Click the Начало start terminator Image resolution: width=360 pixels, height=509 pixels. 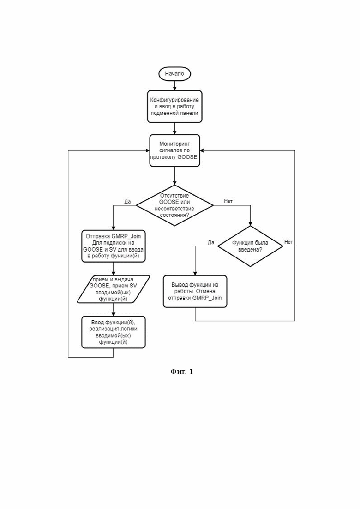click(174, 74)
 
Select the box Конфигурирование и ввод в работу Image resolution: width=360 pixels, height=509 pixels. click(174, 107)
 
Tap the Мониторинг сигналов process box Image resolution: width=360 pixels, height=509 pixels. click(174, 150)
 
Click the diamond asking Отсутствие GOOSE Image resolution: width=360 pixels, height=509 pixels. click(174, 205)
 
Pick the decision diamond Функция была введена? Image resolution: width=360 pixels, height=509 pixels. click(250, 246)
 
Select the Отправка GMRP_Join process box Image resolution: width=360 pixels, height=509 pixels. click(113, 246)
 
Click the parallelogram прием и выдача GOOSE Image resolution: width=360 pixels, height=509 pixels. click(113, 289)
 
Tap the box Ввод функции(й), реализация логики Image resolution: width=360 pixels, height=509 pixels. click(113, 332)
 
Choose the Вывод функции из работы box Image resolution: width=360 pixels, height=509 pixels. click(195, 292)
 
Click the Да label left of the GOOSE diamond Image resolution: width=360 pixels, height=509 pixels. click(127, 202)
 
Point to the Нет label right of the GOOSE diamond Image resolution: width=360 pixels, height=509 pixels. click(228, 201)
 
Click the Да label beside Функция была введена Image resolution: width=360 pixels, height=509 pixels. click(211, 242)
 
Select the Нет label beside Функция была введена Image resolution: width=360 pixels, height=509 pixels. click(288, 242)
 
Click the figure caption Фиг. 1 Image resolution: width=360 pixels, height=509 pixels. click(182, 371)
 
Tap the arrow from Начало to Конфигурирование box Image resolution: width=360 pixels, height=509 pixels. click(174, 85)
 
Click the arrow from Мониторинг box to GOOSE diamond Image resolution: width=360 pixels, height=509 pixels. click(174, 176)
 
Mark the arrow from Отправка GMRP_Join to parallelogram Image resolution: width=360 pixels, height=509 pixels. click(113, 269)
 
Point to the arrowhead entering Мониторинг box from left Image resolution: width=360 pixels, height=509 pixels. click(147, 150)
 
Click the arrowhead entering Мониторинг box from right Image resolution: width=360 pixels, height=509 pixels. click(202, 150)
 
